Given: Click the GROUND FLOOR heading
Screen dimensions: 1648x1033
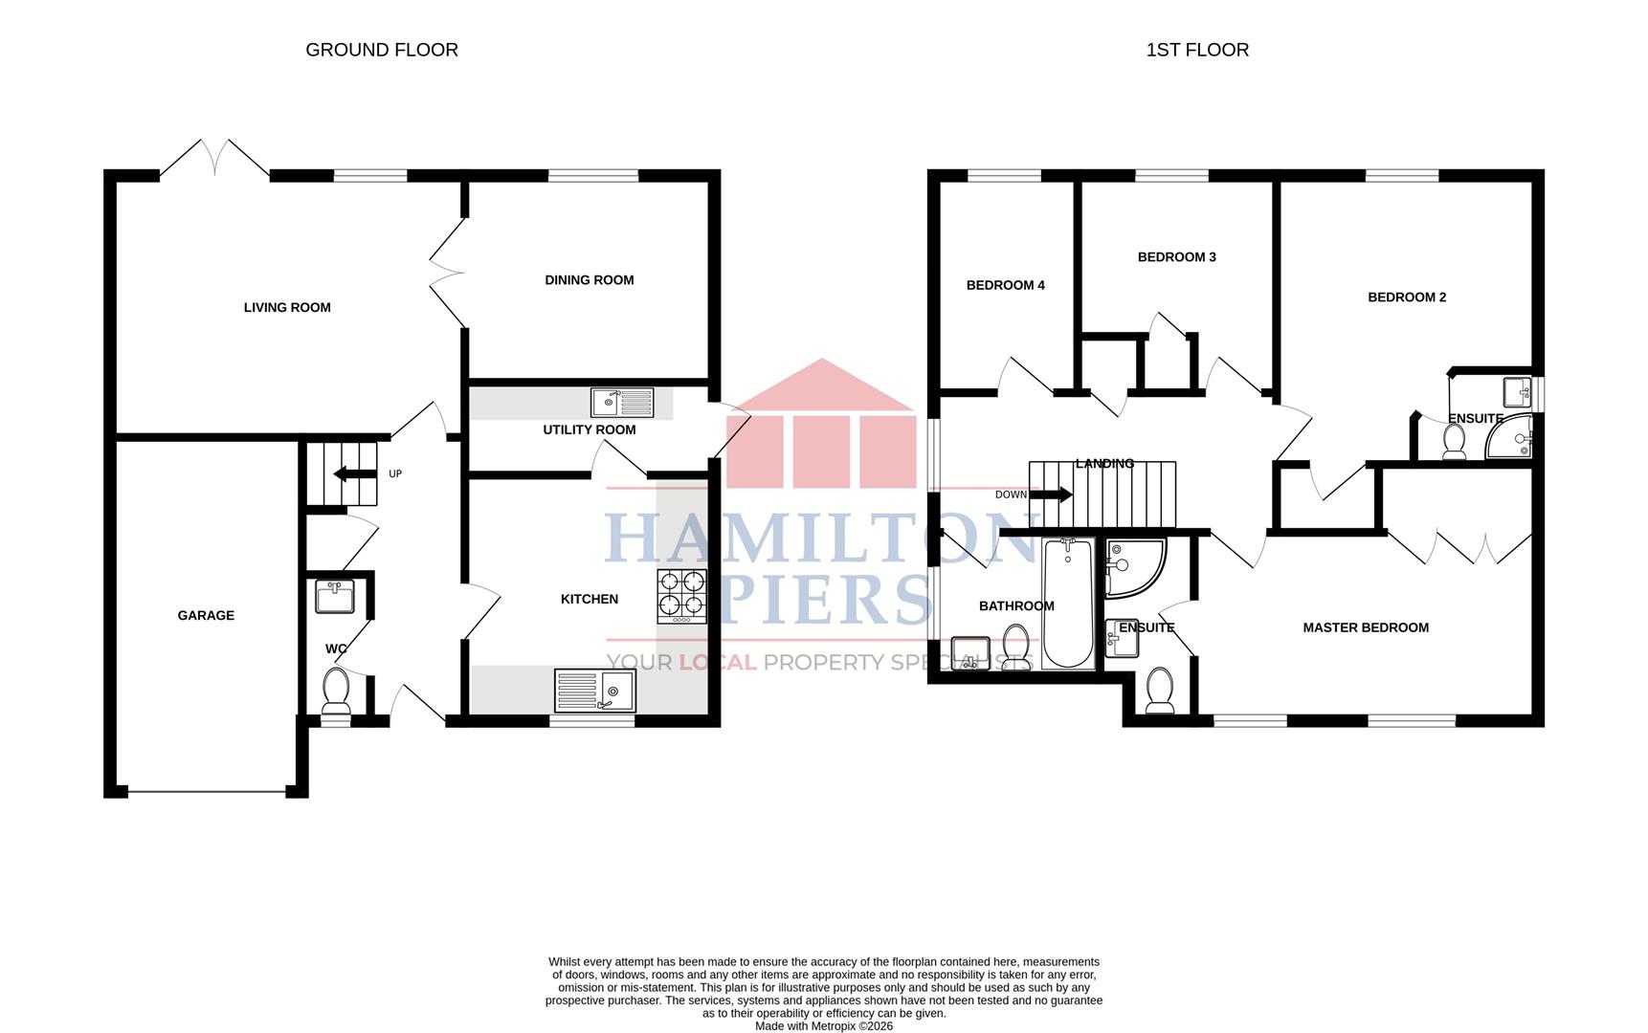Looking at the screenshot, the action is (x=382, y=50).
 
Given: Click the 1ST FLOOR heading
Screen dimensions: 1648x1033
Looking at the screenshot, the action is (x=1197, y=50).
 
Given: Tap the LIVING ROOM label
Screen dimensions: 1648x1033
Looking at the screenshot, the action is (x=287, y=307).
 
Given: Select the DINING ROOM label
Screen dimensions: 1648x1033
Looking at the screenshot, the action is (x=590, y=280).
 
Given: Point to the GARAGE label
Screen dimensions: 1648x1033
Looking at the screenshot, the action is (x=206, y=615).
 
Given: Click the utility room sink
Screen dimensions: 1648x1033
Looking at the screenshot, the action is (x=622, y=403).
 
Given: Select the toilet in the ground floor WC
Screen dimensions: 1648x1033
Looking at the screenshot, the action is (x=336, y=691).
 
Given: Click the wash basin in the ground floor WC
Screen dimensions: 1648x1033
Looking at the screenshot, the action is (x=335, y=596).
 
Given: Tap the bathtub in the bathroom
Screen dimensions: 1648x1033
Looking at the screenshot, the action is (x=1068, y=603).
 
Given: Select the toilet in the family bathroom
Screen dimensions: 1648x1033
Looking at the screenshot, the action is (x=1016, y=648).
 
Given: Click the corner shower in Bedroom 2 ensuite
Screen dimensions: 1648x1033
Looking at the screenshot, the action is (x=1509, y=437).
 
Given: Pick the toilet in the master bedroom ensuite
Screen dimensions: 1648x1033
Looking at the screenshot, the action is (x=1160, y=690).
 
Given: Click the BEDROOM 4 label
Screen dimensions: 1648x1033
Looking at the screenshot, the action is (x=1005, y=285).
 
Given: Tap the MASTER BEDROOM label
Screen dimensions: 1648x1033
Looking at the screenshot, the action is (x=1366, y=627).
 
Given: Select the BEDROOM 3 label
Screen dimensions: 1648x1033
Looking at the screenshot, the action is (x=1176, y=256).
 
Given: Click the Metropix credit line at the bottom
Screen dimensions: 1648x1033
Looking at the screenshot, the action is (x=824, y=1026).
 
